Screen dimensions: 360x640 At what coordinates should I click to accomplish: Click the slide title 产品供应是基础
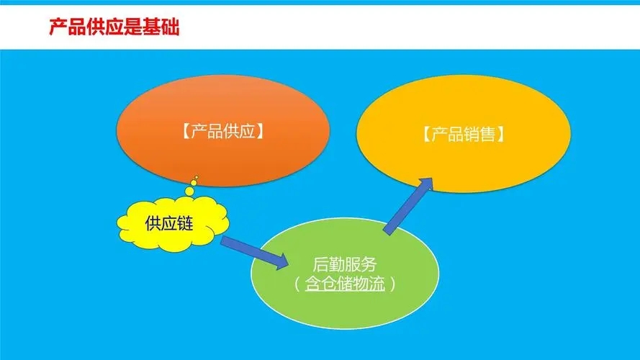pyautogui.click(x=114, y=28)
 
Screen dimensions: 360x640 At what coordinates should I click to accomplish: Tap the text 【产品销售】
pyautogui.click(x=462, y=135)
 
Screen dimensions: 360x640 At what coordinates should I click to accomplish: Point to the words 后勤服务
pyautogui.click(x=345, y=264)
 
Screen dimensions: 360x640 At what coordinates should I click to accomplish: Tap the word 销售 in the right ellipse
pyautogui.click(x=479, y=135)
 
